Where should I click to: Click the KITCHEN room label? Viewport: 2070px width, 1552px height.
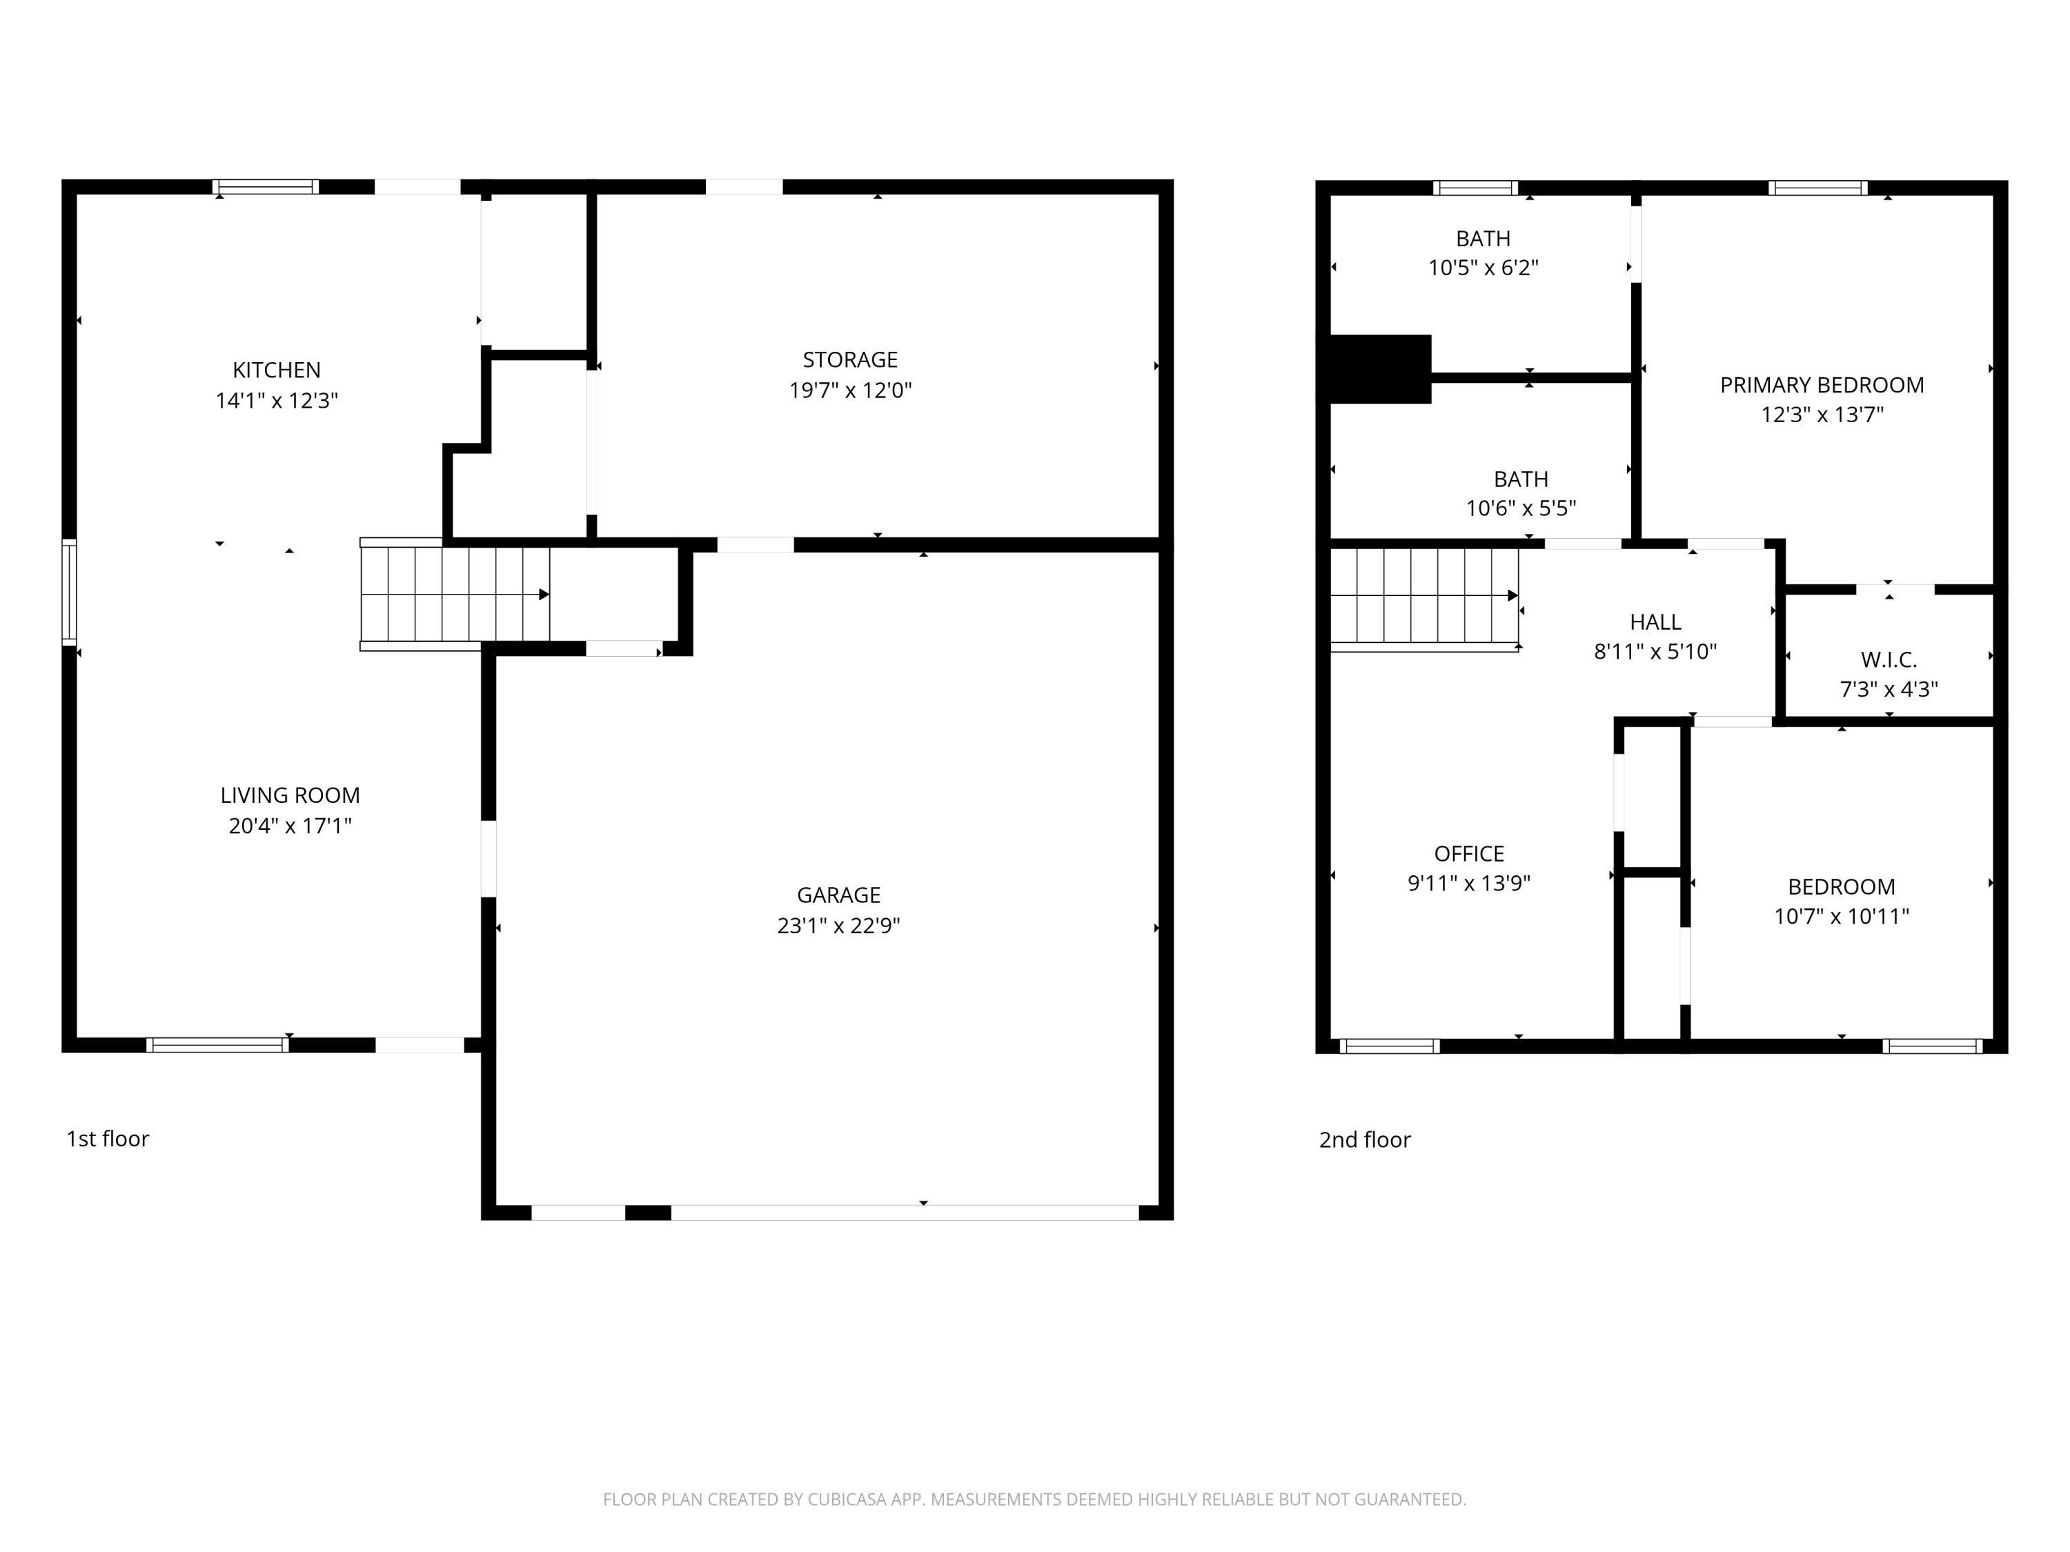(276, 370)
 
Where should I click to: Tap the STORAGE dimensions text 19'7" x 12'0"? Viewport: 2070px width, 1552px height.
(849, 390)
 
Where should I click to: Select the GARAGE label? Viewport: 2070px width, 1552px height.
(838, 895)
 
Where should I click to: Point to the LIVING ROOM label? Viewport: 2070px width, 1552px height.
(290, 795)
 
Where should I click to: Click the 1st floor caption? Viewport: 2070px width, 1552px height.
(108, 1139)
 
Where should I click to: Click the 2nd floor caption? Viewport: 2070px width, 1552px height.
(1364, 1140)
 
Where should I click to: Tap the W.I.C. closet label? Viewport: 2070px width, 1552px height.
(1889, 659)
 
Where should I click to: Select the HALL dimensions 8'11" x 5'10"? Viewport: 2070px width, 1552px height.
(1655, 651)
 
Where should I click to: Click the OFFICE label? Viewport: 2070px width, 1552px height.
(1469, 853)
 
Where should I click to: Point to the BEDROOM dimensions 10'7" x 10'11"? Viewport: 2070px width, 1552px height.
(1842, 916)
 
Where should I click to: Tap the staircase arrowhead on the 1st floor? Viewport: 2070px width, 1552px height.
(544, 594)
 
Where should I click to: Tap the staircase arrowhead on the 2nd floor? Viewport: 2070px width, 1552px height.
(1512, 596)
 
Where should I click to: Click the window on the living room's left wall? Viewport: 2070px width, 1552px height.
(69, 592)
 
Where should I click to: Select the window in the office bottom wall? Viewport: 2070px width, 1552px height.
(1390, 1046)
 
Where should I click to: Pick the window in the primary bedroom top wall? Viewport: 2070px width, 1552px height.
(1818, 188)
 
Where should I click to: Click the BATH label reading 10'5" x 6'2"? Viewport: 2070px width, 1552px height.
(1483, 239)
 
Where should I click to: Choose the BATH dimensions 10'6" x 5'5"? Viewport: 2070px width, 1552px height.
(1521, 508)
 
